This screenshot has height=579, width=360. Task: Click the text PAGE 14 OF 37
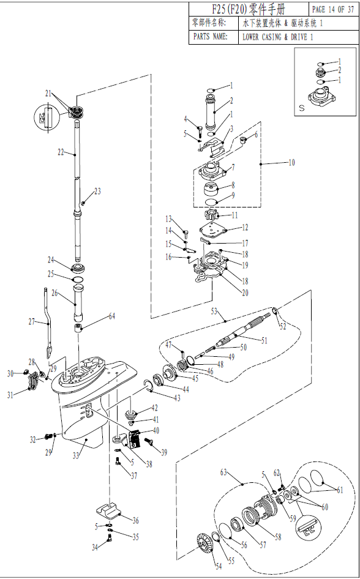point(333,9)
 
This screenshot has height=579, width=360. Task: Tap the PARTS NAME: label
point(211,37)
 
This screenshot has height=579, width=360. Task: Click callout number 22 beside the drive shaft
point(61,152)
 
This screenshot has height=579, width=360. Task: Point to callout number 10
point(291,163)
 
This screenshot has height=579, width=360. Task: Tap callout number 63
point(223,473)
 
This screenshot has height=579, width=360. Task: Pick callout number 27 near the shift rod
point(32,321)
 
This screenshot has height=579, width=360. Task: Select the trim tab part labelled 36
point(109,510)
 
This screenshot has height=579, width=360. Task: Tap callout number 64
point(111,316)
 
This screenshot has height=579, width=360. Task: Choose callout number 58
point(278,537)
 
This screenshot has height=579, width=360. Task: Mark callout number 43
point(177,398)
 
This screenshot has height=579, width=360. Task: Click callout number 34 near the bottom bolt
point(94,548)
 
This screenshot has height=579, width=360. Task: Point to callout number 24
point(51,259)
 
